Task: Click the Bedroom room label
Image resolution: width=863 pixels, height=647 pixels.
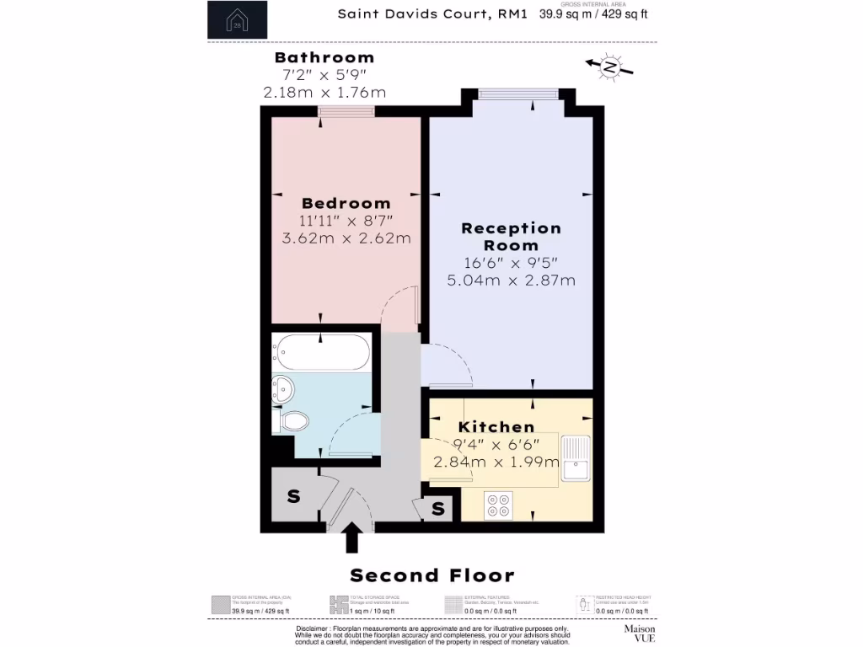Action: point(346,203)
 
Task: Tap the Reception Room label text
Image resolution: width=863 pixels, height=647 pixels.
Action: point(511,237)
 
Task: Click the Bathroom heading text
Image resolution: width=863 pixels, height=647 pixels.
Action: point(324,58)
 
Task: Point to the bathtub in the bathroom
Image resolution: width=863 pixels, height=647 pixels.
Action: point(322,351)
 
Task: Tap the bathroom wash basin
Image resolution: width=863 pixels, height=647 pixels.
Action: point(282,389)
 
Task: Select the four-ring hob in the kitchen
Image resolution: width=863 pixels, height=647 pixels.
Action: point(498,505)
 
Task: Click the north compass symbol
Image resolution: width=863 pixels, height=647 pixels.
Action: point(609,67)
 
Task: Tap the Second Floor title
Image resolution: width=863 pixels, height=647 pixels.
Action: point(431,576)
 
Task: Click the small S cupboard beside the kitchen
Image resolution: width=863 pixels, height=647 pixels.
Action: point(438,509)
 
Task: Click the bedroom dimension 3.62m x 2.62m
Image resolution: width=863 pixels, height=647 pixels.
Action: point(346,238)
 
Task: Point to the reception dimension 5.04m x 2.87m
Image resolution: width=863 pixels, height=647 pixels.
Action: point(511,280)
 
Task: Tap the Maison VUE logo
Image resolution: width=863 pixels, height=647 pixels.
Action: point(639,633)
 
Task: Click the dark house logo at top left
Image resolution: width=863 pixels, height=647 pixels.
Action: point(238,20)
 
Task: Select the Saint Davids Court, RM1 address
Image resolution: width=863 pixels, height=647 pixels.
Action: point(432,13)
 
